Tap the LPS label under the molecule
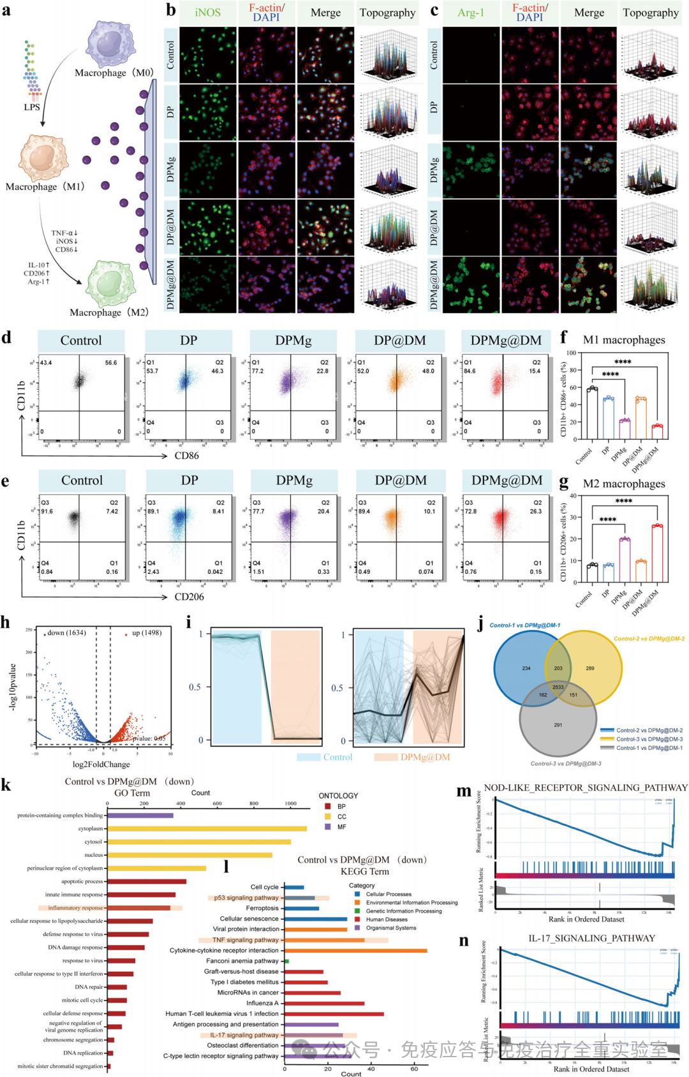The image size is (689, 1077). click(x=32, y=107)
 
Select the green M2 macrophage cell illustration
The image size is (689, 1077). click(x=110, y=284)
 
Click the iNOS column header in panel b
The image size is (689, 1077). click(x=208, y=13)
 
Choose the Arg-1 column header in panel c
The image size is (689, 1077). click(x=471, y=13)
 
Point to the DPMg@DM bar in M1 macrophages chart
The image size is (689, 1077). click(x=657, y=432)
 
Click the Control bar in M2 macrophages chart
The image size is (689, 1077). click(x=593, y=573)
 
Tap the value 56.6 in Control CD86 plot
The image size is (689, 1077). click(x=111, y=363)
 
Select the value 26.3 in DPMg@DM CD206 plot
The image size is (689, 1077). click(x=535, y=511)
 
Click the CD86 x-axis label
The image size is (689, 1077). click(x=186, y=456)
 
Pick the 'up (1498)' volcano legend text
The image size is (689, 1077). click(x=147, y=633)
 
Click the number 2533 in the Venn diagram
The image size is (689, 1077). click(x=558, y=687)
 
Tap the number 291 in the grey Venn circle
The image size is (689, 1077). click(x=558, y=725)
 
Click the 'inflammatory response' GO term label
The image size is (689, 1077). click(x=75, y=908)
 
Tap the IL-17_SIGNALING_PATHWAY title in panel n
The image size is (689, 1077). click(x=591, y=939)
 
